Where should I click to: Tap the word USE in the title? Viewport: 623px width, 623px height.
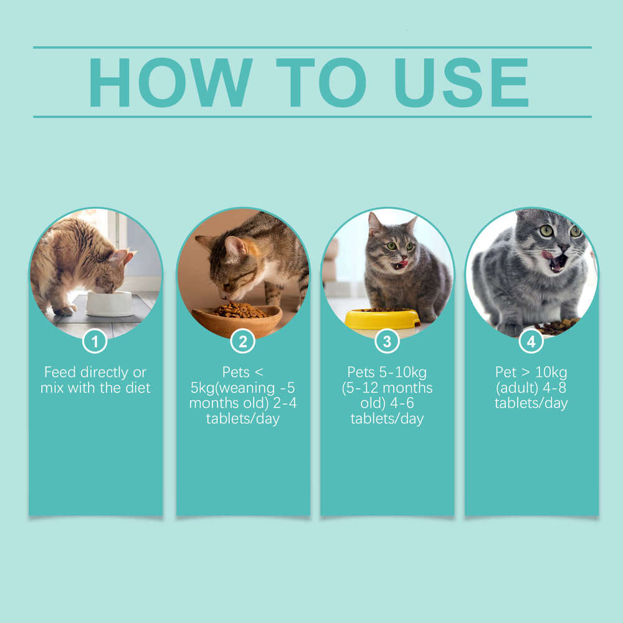[x=461, y=83]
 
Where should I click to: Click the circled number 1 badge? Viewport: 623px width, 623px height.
[x=95, y=341]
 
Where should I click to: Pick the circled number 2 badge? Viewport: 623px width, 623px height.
[x=242, y=341]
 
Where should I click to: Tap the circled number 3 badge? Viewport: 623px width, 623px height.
[x=387, y=341]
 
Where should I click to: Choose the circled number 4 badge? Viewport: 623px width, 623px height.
[x=531, y=341]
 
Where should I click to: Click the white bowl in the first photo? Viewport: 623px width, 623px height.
[x=109, y=303]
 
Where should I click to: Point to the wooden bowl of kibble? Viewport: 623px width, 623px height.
[x=237, y=319]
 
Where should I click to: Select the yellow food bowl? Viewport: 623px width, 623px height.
[x=382, y=318]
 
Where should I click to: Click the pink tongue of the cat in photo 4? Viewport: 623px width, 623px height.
[x=548, y=255]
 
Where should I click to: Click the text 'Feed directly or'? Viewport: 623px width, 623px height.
[x=95, y=373]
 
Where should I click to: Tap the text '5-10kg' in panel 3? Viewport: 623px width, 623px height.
[x=402, y=373]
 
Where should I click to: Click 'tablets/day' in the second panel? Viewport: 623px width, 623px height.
[x=242, y=418]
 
